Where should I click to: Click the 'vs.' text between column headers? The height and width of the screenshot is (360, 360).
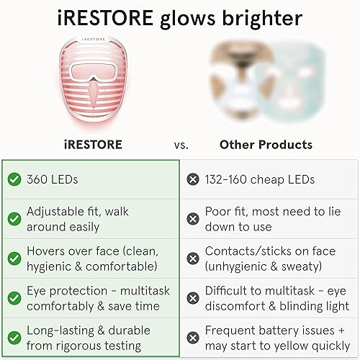[181, 145]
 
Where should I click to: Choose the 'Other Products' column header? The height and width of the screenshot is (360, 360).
[266, 144]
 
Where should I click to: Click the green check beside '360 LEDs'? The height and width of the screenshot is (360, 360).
[13, 179]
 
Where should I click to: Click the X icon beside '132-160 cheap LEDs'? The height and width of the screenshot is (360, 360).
[192, 179]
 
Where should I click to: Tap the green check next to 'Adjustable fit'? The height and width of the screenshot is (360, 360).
[13, 219]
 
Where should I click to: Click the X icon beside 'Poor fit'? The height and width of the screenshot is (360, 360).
[192, 219]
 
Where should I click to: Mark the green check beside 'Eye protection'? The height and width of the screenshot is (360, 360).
[13, 298]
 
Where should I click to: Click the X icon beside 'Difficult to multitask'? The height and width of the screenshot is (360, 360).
[192, 298]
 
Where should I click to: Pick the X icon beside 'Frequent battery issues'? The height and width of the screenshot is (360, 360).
[192, 337]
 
